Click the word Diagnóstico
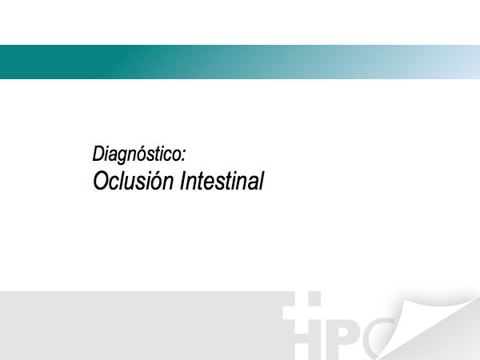pos(138,154)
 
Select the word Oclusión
pos(133,181)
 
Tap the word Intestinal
pos(222,181)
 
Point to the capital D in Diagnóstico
pos(98,154)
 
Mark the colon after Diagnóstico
pos(183,155)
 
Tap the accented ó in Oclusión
pos(158,181)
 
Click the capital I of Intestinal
pos(183,181)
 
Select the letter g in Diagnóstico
pos(126,156)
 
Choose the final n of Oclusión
pos(169,183)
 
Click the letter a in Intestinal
pos(253,183)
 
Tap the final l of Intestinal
pos(262,181)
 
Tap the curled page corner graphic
pos(429,325)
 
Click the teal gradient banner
pos(240,62)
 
